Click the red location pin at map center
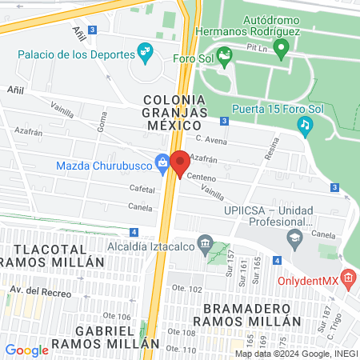point(180,163)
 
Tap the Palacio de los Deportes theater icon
point(145,54)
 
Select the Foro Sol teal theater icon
point(225,58)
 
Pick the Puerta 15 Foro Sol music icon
point(304,124)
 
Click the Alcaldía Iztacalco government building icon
point(206,243)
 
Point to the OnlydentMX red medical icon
point(347,278)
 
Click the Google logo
point(26,350)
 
